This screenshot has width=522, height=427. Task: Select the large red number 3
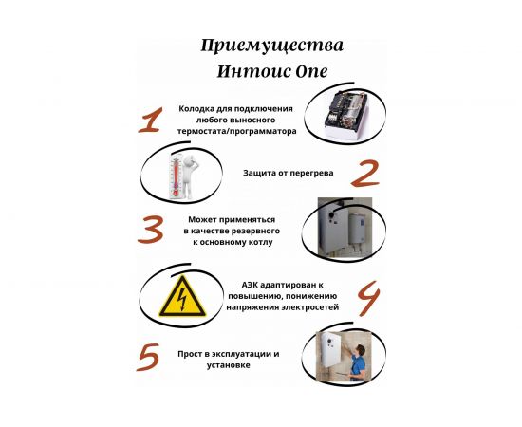coord(153,230)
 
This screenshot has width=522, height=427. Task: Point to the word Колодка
coord(200,109)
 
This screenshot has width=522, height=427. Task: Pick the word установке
coord(232,364)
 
